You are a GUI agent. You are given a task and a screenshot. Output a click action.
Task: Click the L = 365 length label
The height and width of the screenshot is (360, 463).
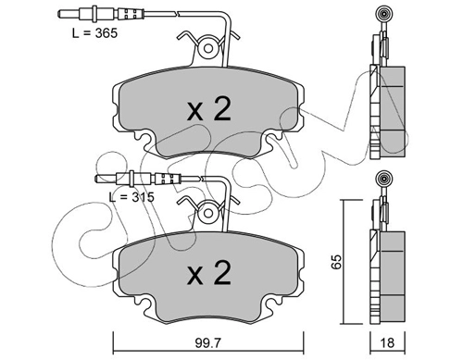click(x=94, y=33)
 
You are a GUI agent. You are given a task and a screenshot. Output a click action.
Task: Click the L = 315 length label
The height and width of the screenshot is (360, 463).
click(x=131, y=197)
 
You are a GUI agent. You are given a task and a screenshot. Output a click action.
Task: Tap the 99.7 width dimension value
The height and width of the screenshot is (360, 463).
click(x=208, y=342)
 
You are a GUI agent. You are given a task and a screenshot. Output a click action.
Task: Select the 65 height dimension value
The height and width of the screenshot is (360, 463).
click(x=337, y=262)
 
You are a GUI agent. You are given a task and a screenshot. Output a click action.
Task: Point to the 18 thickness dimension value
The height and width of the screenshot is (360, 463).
click(x=387, y=342)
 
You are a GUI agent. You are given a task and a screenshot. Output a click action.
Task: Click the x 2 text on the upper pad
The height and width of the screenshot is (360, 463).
click(x=208, y=109)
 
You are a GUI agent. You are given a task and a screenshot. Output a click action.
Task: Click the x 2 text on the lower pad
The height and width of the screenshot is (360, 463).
click(x=208, y=273)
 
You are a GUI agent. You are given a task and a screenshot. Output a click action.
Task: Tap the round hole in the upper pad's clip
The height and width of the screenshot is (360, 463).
click(x=208, y=48)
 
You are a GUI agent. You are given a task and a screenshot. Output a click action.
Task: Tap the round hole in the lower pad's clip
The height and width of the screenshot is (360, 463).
click(x=208, y=213)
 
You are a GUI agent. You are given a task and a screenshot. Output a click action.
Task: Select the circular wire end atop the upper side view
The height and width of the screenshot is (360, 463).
click(x=384, y=14)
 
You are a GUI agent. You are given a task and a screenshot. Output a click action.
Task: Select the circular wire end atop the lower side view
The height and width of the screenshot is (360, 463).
click(x=384, y=178)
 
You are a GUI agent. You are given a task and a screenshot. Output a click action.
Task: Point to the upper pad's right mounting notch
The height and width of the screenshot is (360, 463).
click(x=272, y=137)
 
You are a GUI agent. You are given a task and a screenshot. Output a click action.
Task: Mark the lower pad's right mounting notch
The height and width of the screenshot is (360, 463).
click(x=272, y=301)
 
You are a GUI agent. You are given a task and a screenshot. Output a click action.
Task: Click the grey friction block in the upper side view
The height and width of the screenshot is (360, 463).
click(x=393, y=112)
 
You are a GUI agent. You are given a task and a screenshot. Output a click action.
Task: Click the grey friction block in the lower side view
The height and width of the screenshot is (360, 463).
click(x=393, y=278)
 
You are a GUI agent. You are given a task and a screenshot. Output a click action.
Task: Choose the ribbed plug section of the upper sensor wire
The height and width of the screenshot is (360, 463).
click(x=131, y=14)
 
